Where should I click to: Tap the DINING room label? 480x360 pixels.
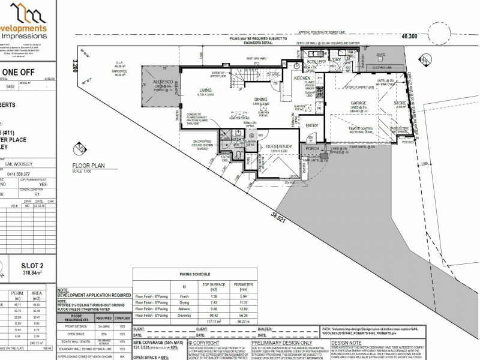260,99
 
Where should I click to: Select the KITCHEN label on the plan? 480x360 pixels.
301,79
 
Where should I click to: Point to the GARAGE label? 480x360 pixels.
359,103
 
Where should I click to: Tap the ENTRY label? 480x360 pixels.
312,125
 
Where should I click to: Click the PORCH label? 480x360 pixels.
312,148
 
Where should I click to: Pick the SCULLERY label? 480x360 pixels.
315,62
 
